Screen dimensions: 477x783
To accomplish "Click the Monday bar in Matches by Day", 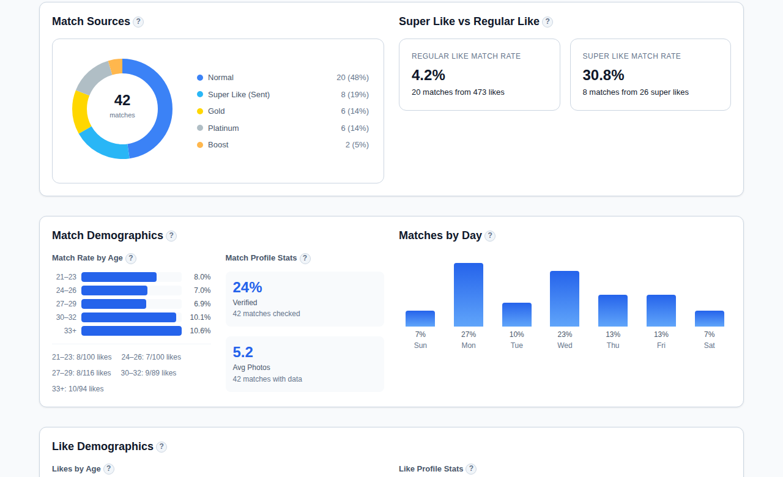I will pyautogui.click(x=468, y=295).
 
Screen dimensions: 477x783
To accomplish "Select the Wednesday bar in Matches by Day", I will pyautogui.click(x=564, y=298).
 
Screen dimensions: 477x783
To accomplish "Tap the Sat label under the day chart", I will pyautogui.click(x=709, y=346).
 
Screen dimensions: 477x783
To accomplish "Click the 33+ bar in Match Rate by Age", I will pyautogui.click(x=131, y=331).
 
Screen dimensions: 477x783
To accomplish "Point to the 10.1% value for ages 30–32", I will pyautogui.click(x=200, y=317).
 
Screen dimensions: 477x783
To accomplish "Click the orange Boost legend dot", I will pyautogui.click(x=200, y=145).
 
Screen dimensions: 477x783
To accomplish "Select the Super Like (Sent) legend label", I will pyautogui.click(x=239, y=95).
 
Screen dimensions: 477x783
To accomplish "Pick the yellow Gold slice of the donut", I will pyautogui.click(x=80, y=112).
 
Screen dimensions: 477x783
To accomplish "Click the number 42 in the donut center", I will pyautogui.click(x=122, y=100).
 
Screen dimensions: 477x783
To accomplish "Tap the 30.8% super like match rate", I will pyautogui.click(x=603, y=75).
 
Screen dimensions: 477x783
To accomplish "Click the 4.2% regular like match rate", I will pyautogui.click(x=428, y=75).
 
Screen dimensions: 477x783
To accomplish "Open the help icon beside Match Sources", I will pyautogui.click(x=138, y=22).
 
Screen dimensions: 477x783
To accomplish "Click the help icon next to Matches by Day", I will pyautogui.click(x=490, y=236).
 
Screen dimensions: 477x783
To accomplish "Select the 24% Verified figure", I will pyautogui.click(x=247, y=287).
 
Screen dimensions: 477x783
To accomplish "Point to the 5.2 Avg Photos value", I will pyautogui.click(x=243, y=352).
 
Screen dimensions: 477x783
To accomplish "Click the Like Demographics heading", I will pyautogui.click(x=103, y=446).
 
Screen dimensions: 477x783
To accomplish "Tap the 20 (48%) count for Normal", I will pyautogui.click(x=352, y=78).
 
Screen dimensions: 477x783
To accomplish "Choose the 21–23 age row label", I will pyautogui.click(x=66, y=277).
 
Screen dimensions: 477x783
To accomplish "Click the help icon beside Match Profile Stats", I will pyautogui.click(x=305, y=259).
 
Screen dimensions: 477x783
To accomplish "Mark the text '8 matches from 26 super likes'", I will pyautogui.click(x=635, y=92).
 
